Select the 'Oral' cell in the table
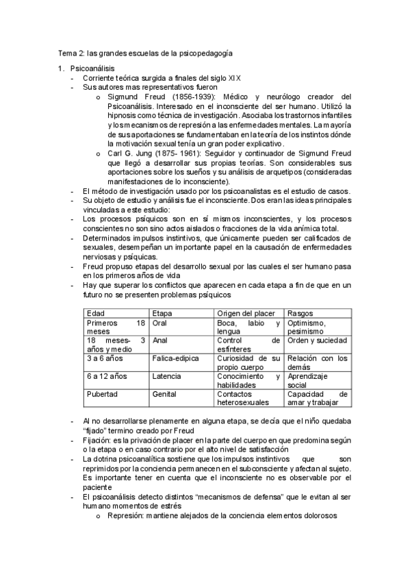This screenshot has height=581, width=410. click(160, 323)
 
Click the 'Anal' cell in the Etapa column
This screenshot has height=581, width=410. click(160, 341)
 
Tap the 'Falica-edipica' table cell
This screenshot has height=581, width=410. click(175, 358)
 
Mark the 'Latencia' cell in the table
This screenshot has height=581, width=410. click(167, 376)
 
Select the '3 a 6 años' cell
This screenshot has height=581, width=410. click(103, 358)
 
